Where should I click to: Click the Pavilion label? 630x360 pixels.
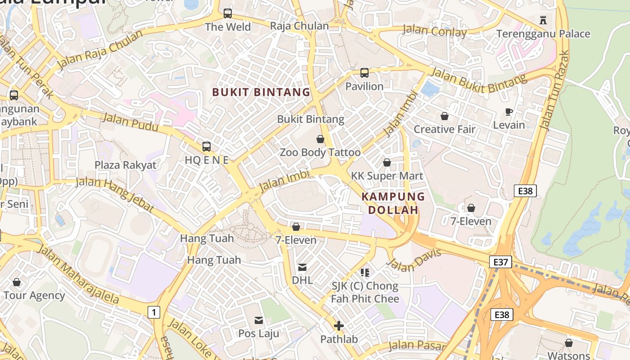click(364, 86)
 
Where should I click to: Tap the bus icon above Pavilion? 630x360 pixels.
click(364, 72)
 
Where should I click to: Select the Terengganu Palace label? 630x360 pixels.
click(543, 34)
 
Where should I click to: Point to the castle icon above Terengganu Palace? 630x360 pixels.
click(543, 20)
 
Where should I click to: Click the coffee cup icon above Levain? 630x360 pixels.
click(509, 112)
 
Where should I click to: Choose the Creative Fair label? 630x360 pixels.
click(444, 130)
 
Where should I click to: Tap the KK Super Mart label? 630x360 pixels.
click(387, 176)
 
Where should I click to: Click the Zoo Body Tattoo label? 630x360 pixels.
click(320, 153)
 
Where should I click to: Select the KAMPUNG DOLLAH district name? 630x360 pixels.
click(393, 203)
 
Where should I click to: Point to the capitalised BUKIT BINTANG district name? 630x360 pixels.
click(261, 92)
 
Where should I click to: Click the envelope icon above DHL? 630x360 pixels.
click(302, 267)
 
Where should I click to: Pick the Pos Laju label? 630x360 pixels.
click(258, 333)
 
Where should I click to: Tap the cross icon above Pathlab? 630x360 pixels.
click(339, 326)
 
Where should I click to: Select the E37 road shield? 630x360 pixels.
click(500, 261)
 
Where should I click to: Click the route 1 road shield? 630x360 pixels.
click(154, 312)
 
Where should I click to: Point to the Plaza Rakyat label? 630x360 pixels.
click(125, 165)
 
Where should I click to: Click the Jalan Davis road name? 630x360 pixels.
click(414, 261)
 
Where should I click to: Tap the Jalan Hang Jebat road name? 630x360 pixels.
click(115, 194)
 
